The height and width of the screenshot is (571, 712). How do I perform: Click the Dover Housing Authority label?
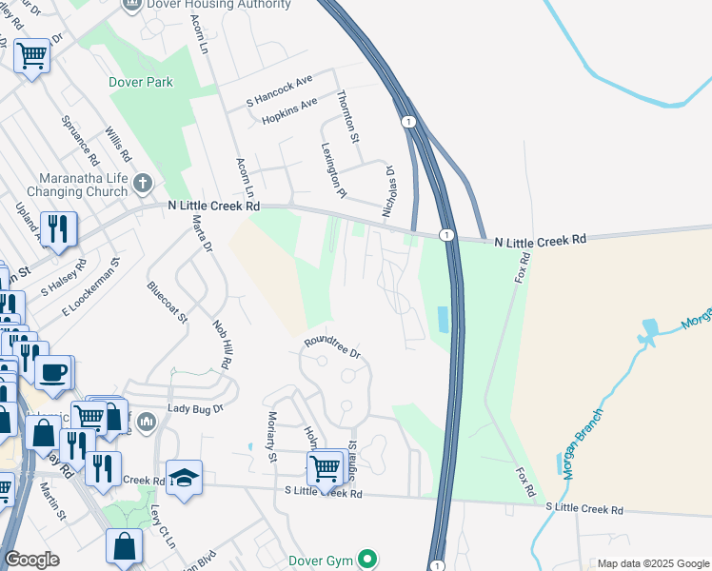(x=219, y=5)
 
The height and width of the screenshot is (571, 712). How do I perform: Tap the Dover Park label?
(x=141, y=83)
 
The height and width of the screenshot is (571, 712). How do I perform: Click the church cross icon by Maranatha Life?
(x=142, y=182)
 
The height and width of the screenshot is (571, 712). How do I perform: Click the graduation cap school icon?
(x=183, y=478)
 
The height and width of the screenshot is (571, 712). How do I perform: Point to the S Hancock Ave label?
(x=280, y=89)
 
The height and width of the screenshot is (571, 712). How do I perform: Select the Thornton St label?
(x=349, y=115)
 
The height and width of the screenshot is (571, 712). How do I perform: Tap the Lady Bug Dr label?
(x=195, y=408)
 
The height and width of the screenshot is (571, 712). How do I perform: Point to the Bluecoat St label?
(x=168, y=300)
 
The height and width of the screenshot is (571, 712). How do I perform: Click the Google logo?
(x=31, y=559)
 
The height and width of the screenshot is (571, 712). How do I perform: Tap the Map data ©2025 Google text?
(x=652, y=563)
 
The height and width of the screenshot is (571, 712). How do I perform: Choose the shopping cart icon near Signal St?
(x=325, y=467)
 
